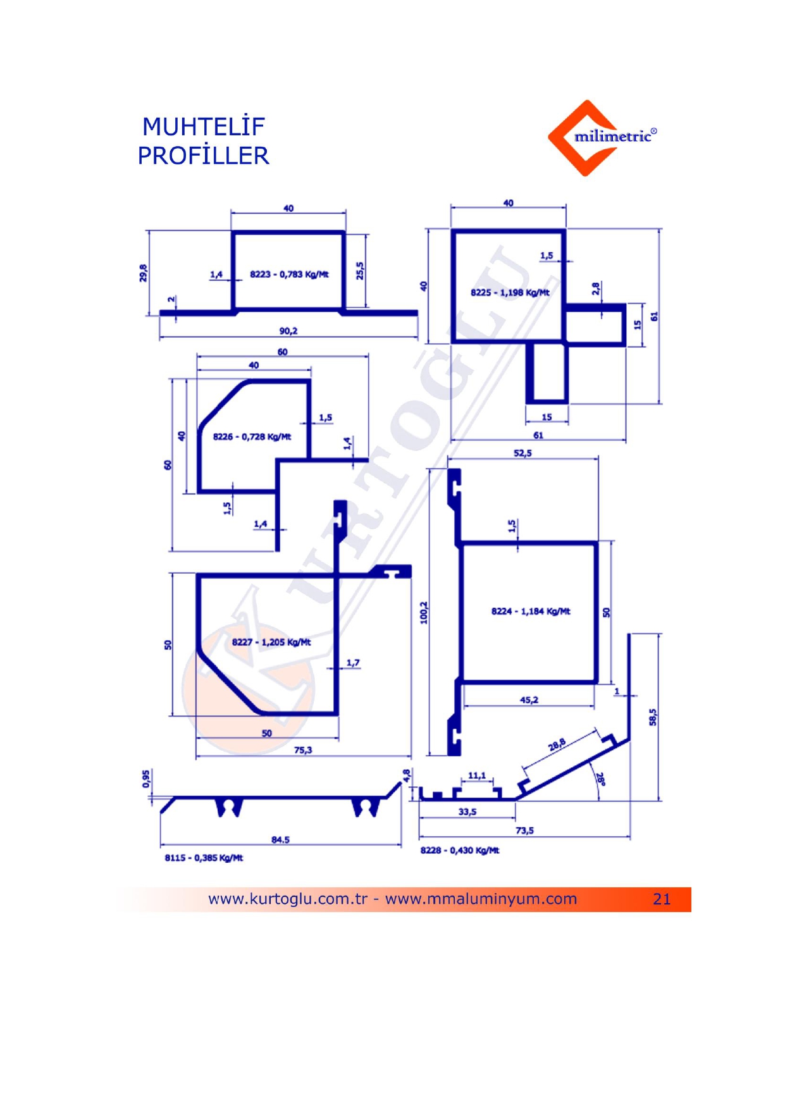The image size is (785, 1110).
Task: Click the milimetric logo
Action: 602,137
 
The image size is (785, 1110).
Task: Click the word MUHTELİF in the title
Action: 203,126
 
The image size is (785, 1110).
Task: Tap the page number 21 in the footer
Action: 662,899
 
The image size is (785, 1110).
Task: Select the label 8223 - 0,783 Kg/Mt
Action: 289,274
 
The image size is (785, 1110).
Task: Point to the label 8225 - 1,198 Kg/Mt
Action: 510,293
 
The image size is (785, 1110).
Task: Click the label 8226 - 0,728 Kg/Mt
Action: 252,437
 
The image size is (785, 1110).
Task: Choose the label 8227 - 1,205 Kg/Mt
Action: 271,642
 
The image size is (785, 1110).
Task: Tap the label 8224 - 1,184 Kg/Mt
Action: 531,611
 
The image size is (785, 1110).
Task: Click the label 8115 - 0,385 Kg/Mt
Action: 204,858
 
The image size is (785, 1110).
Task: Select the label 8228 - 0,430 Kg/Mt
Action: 460,850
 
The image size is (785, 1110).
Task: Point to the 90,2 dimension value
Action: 288,331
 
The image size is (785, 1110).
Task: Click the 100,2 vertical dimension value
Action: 424,612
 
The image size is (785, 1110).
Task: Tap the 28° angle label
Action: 600,779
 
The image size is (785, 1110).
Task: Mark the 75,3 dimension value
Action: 303,750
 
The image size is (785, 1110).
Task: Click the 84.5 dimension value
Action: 280,840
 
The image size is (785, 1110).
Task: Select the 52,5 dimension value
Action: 522,453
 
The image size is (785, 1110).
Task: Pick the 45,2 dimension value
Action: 529,700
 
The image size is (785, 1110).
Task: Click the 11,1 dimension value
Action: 477,775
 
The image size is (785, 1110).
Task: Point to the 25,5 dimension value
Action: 359,271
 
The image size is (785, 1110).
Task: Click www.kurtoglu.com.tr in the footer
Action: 288,899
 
